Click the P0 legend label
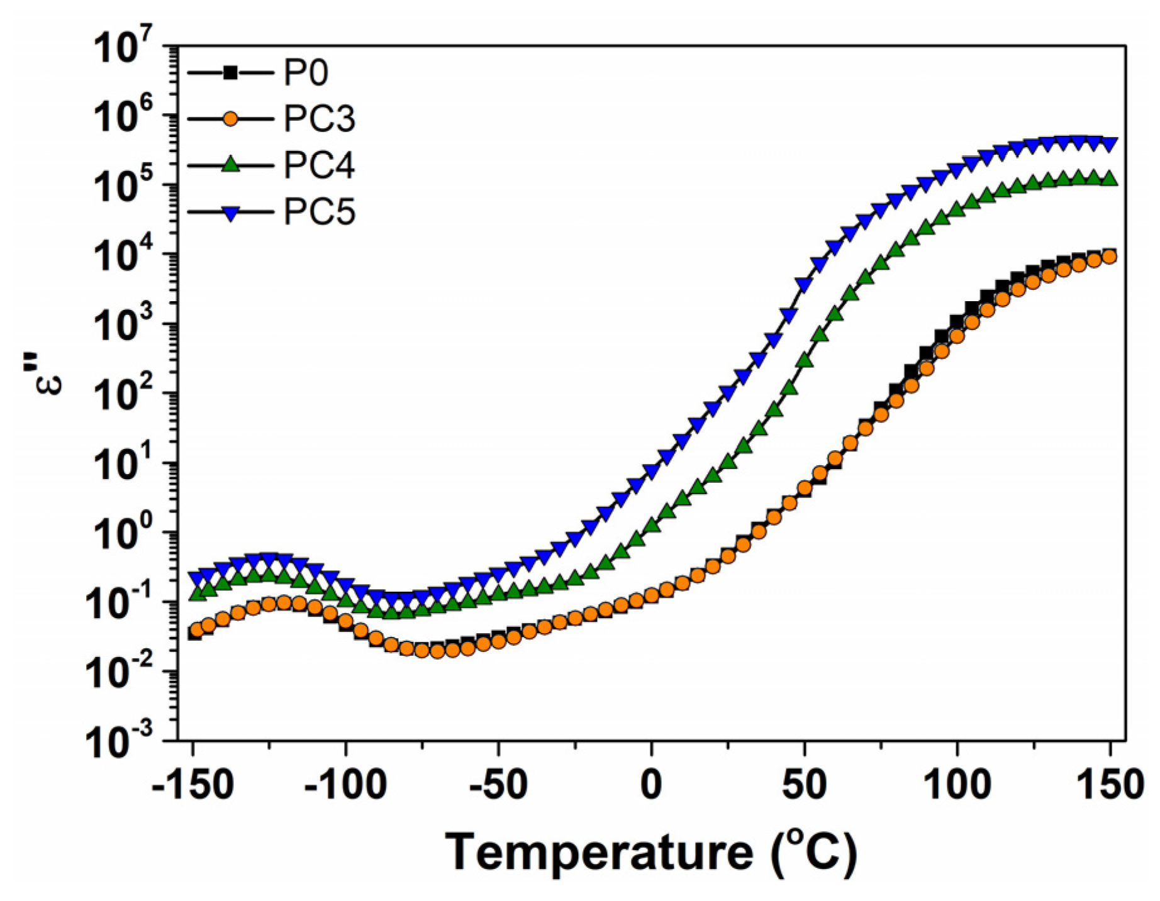[306, 74]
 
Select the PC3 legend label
[319, 119]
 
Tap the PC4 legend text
[319, 165]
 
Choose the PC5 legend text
[319, 212]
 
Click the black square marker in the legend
[231, 73]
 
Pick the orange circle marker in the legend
[231, 119]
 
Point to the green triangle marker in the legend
[231, 165]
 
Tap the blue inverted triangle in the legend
[231, 213]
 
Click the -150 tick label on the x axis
[193, 785]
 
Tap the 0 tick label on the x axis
[651, 785]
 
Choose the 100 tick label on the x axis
[957, 785]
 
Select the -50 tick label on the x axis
[498, 785]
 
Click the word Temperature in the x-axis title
[598, 853]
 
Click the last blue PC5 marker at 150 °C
[1110, 144]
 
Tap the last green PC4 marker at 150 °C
[1110, 179]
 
